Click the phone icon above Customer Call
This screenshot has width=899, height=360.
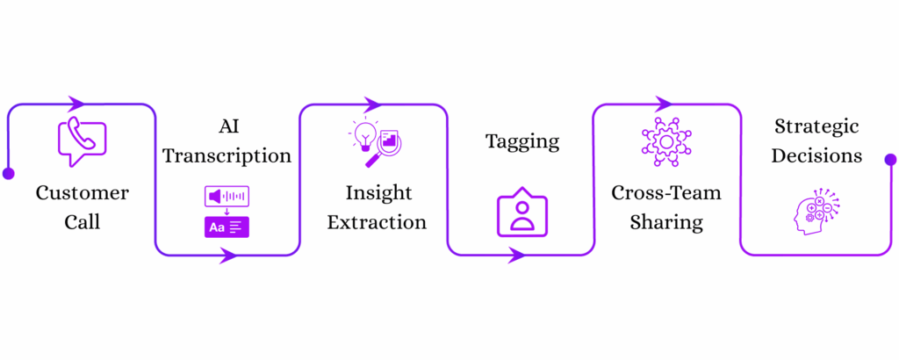81,141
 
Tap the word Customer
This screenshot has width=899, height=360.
82,193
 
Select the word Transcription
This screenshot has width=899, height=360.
227,156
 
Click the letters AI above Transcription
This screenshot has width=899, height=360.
227,127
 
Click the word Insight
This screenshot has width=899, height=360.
378,193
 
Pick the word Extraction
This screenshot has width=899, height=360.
377,222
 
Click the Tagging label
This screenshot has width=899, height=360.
522,141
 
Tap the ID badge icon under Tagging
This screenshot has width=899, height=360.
521,214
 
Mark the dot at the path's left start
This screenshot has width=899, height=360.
8,173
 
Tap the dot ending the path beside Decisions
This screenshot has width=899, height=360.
890,160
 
